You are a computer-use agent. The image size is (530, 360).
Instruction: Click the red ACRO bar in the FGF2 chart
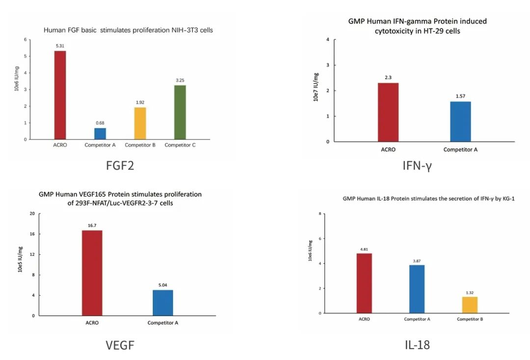[60, 95]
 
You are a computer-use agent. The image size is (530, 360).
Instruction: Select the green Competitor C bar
[180, 112]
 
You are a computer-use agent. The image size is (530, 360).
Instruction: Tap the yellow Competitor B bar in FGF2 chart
[140, 123]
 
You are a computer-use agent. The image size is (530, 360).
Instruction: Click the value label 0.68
[100, 123]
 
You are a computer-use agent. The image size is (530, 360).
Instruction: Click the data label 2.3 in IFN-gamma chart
[388, 78]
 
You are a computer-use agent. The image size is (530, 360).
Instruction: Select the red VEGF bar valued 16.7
[92, 273]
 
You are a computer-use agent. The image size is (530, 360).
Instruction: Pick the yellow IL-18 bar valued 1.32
[470, 305]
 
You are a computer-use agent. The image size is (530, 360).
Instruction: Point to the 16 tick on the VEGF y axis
[32, 234]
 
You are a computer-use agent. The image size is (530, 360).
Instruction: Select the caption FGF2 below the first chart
[120, 166]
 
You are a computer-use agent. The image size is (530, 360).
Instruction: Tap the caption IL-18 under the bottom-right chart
[417, 345]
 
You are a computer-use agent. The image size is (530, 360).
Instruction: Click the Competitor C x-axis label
[180, 145]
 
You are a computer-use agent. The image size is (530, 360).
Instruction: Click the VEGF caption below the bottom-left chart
[120, 345]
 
